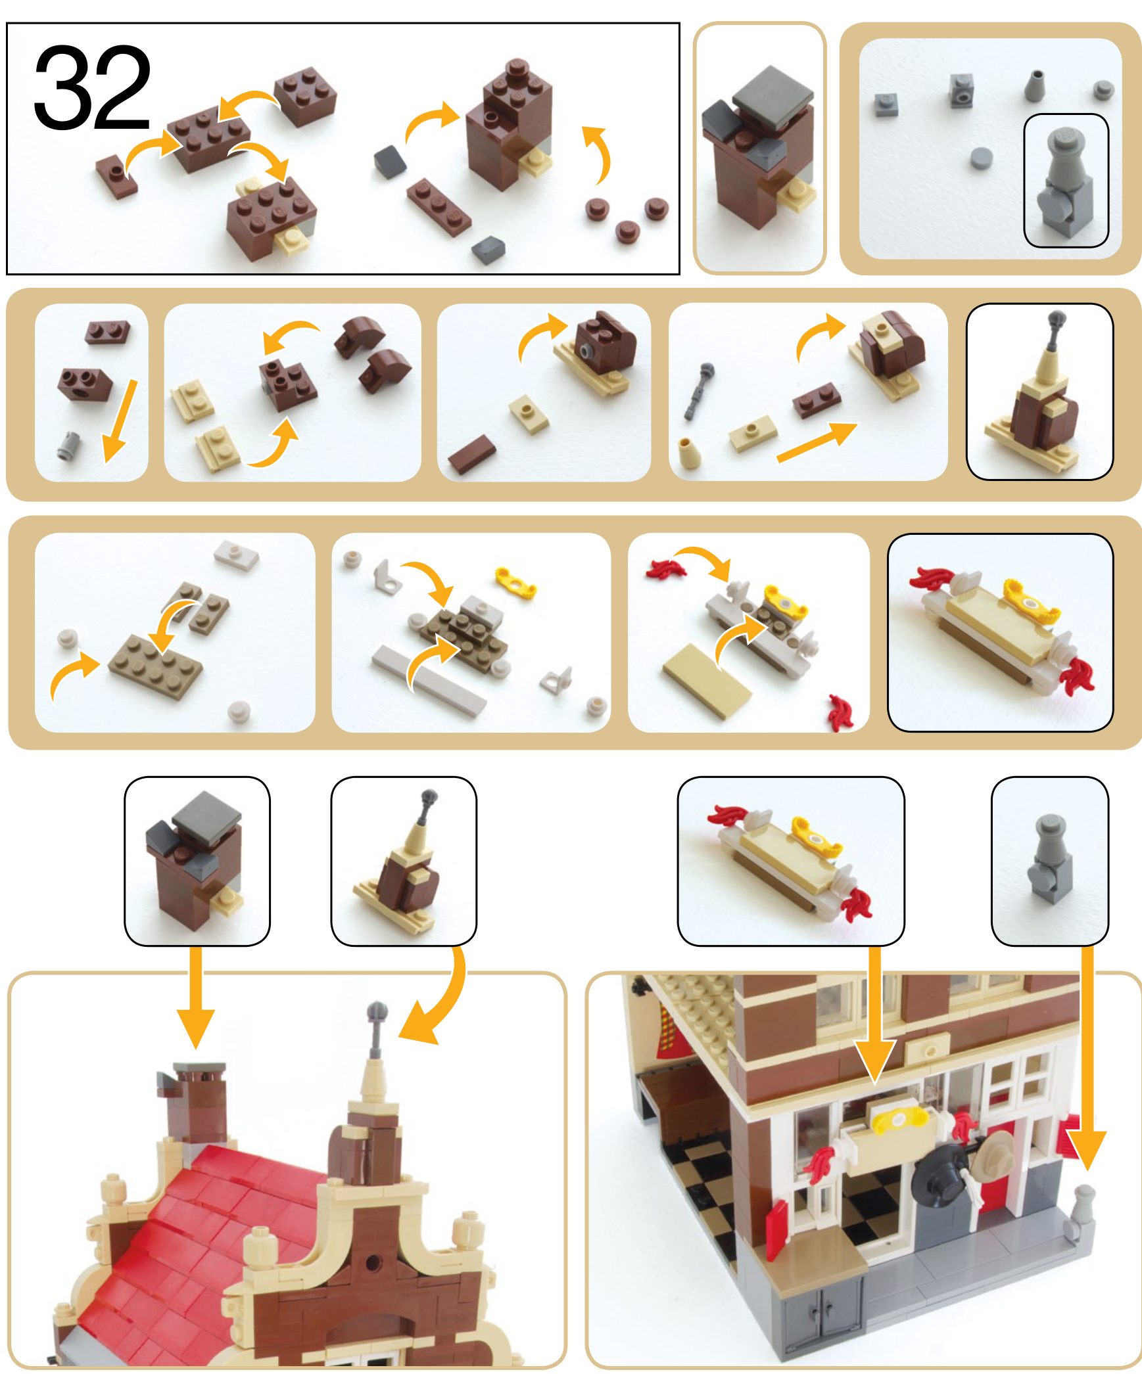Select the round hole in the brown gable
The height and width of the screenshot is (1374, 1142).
[x=372, y=1262]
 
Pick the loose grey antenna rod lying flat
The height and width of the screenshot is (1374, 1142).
[x=699, y=390]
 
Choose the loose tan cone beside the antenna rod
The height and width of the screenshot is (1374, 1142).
[x=686, y=453]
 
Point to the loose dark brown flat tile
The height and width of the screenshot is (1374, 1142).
[x=471, y=453]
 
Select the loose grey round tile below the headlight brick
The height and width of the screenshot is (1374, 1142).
[x=981, y=158]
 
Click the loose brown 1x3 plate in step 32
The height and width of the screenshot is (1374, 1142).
[x=439, y=206]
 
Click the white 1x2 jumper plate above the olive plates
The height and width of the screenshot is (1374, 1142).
[x=236, y=555]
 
